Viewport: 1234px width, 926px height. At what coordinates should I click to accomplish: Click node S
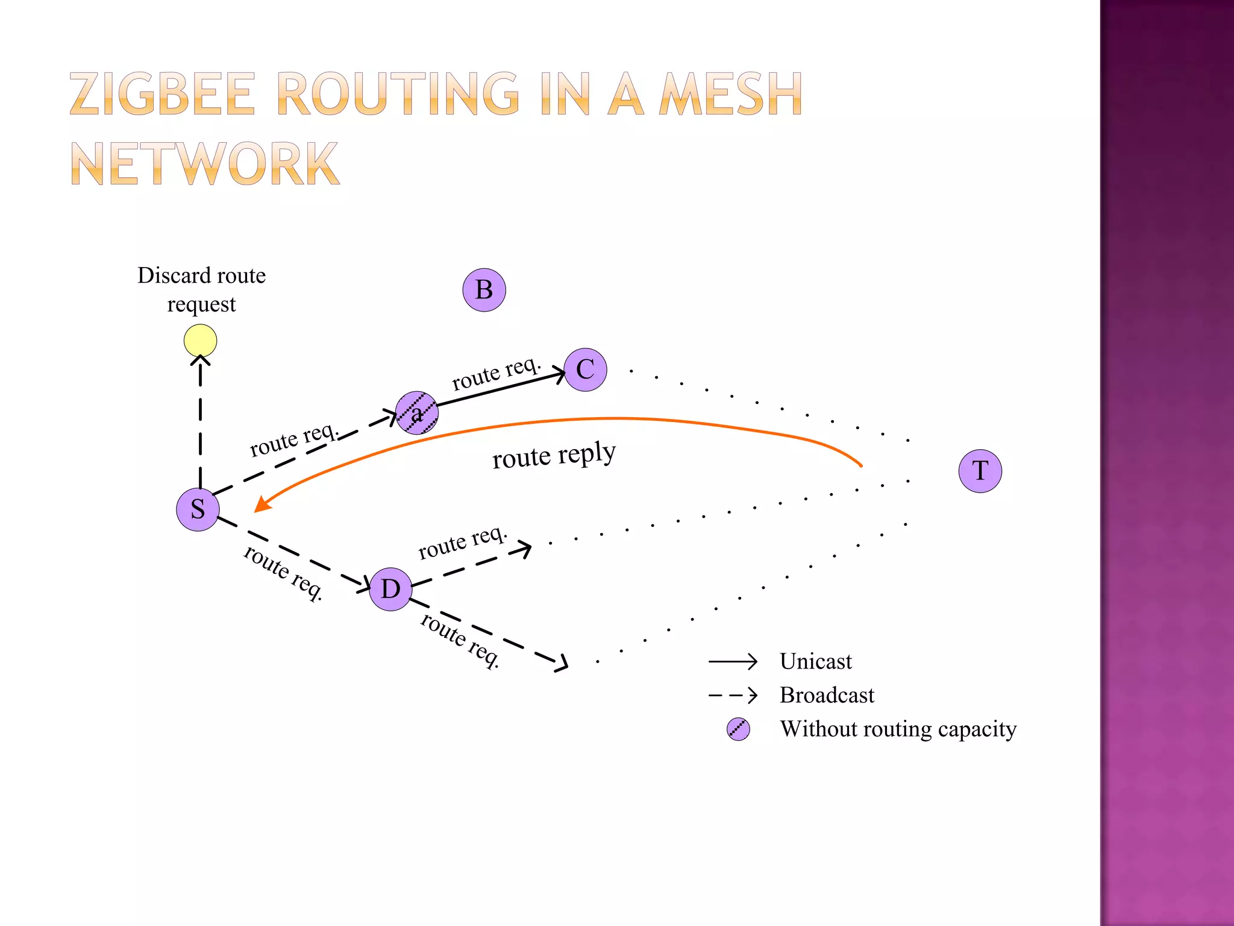198,509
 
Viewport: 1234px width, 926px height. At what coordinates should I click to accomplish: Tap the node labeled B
484,290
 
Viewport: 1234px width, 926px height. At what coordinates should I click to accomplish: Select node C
585,370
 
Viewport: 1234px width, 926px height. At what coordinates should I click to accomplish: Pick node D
390,589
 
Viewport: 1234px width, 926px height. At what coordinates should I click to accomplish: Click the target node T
980,471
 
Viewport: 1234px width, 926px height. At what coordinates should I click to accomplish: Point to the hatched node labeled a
416,413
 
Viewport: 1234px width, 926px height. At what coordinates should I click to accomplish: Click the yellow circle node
200,341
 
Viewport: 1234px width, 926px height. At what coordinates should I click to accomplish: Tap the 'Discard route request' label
201,289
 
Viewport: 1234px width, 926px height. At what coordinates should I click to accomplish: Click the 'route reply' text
554,455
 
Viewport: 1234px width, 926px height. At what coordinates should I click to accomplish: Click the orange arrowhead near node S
262,504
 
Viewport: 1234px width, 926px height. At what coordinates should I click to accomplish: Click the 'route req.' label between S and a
294,439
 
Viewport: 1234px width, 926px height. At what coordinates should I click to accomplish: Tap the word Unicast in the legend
815,661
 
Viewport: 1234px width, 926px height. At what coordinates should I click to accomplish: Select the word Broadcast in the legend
826,695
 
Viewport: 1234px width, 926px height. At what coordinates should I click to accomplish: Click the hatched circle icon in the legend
738,729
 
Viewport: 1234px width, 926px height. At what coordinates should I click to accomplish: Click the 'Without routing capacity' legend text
898,729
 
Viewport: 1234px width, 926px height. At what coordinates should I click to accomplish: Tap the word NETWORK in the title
205,164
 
